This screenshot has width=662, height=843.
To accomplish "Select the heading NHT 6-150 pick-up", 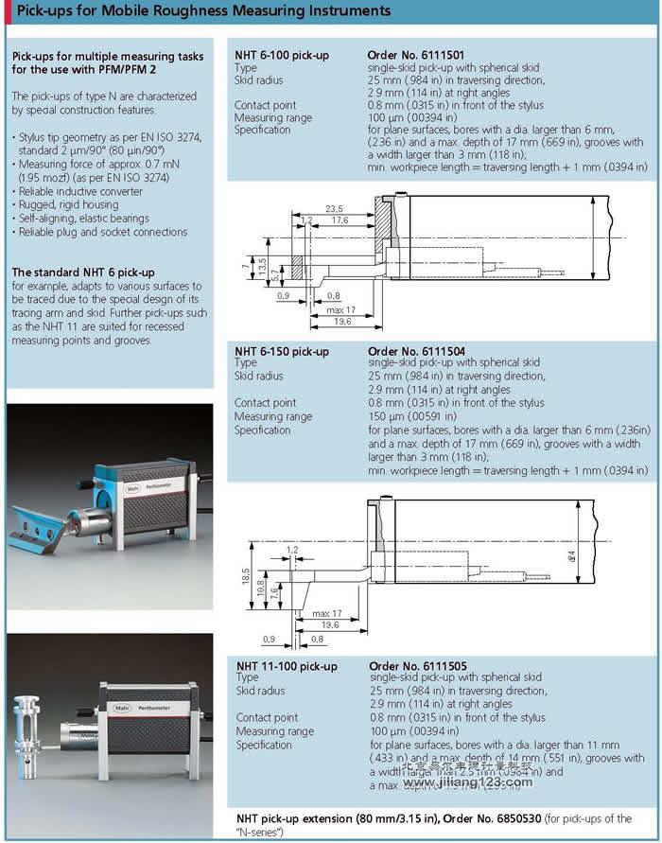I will (x=282, y=352).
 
